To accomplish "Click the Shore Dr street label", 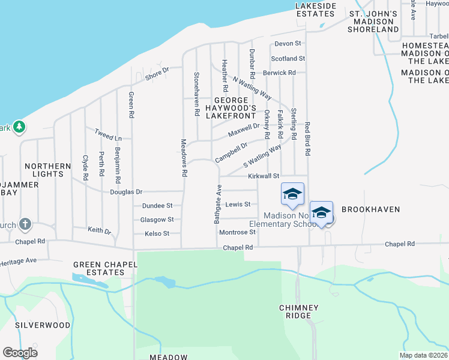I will [x=158, y=73].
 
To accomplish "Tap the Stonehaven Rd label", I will [x=196, y=94].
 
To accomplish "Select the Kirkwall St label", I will [x=264, y=176].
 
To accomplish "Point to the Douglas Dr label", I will [x=126, y=192].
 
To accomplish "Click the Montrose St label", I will [x=238, y=232].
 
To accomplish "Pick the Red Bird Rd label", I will [x=307, y=139].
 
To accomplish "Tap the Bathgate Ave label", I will [x=218, y=205].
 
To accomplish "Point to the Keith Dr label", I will [x=100, y=230].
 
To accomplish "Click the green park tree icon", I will [x=20, y=127].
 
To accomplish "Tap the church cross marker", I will [x=25, y=224].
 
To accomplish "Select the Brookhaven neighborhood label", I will [x=370, y=209].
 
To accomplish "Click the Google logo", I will [x=20, y=353].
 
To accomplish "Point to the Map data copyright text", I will [x=423, y=355].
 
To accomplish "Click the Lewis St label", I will [x=238, y=205].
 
